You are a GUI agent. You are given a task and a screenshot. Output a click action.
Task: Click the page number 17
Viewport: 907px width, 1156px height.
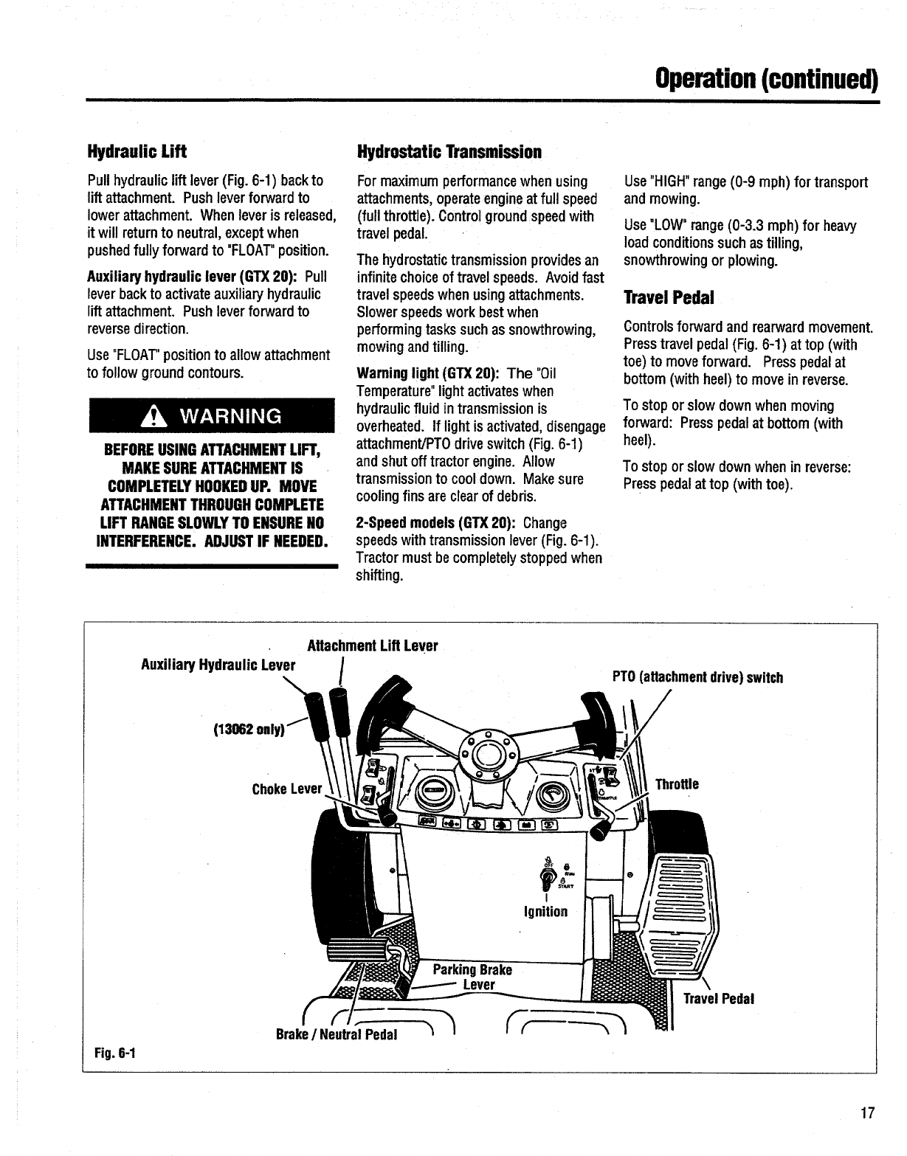(867, 1114)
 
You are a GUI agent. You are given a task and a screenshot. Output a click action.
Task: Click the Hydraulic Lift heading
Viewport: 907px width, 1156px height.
(137, 152)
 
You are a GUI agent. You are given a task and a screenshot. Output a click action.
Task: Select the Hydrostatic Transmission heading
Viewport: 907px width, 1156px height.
(449, 152)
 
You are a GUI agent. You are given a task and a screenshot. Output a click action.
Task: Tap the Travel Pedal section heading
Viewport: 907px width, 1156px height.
(669, 298)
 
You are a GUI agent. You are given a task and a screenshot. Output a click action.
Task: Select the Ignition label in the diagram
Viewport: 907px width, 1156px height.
(545, 912)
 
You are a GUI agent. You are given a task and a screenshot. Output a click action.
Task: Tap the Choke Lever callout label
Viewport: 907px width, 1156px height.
(287, 789)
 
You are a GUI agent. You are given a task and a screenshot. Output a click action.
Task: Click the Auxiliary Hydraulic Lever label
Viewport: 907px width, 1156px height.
(218, 665)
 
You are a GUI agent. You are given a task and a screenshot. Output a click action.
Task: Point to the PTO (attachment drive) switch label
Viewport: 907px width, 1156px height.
(697, 677)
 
